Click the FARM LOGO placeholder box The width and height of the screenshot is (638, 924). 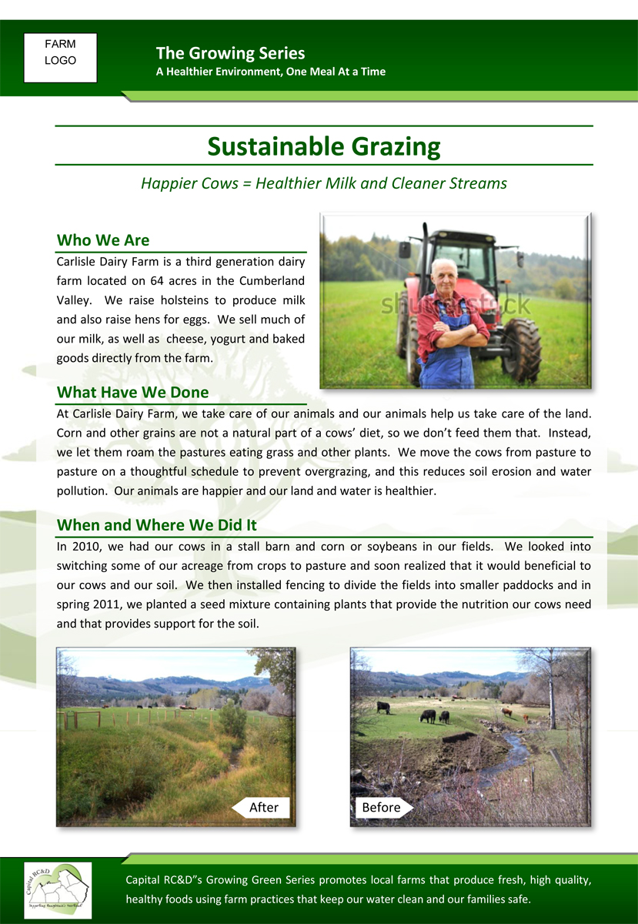point(60,57)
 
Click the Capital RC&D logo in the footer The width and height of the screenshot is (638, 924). point(58,889)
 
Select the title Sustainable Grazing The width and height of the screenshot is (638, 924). point(324,146)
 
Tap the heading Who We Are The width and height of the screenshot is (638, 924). point(103,240)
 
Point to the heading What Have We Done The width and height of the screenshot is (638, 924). point(132,392)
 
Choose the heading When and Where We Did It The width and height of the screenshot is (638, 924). point(156,525)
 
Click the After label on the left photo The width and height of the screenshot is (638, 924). point(262,807)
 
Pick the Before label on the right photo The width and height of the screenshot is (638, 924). point(382,807)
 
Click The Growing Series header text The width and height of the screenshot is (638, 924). point(230,53)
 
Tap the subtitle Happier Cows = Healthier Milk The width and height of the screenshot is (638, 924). point(324,183)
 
